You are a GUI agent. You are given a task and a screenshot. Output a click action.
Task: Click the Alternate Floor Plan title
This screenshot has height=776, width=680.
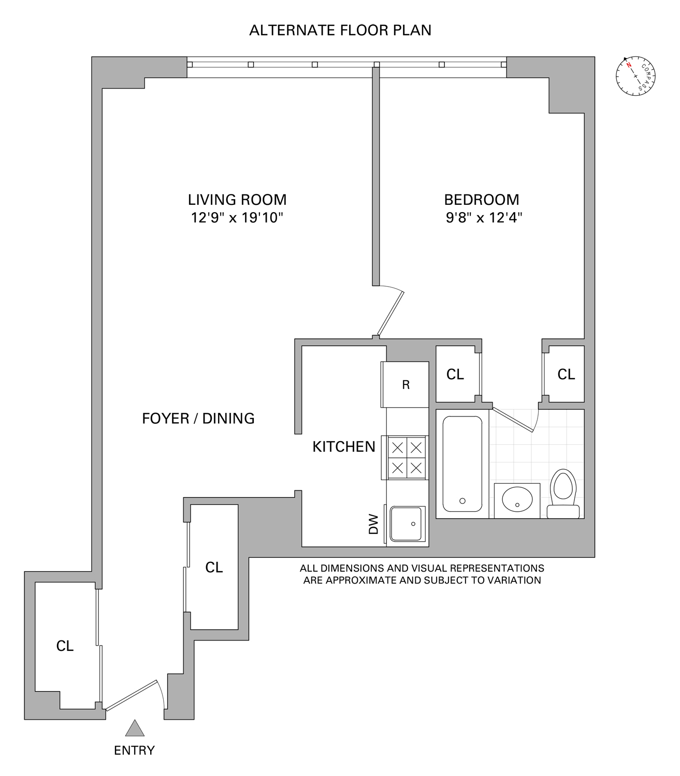pos(340,30)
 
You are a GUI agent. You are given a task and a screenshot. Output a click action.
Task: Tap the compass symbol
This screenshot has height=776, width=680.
pos(635,76)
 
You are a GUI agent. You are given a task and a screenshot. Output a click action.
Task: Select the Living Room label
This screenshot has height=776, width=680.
pos(237,199)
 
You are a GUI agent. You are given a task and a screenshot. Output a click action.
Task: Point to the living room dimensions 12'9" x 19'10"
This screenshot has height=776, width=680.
pos(237,218)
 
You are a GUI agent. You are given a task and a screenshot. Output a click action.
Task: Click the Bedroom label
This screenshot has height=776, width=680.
pos(481,199)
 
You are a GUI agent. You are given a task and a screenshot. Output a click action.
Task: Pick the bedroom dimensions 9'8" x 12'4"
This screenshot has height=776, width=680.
pos(483,218)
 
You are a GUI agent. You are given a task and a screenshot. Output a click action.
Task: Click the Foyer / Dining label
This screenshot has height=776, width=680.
pos(198,418)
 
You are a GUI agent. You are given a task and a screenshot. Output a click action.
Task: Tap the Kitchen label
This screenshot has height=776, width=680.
pos(344,446)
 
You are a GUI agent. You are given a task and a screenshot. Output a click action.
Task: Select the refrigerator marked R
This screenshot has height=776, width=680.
pos(406,384)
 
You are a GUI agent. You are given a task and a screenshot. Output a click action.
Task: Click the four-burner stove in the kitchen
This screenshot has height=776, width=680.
pos(407,457)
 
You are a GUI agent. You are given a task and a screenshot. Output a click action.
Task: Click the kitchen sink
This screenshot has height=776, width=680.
pos(408,524)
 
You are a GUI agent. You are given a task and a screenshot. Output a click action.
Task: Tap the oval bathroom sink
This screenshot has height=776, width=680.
pos(517,500)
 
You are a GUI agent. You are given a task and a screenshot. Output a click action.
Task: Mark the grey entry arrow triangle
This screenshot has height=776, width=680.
pos(135,728)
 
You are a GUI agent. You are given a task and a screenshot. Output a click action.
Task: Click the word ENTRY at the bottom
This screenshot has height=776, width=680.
pos(134,750)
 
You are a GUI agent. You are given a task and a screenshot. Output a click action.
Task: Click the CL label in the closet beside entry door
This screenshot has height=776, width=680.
pos(65,646)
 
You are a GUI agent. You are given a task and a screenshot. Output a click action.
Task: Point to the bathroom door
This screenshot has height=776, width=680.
pos(514,420)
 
